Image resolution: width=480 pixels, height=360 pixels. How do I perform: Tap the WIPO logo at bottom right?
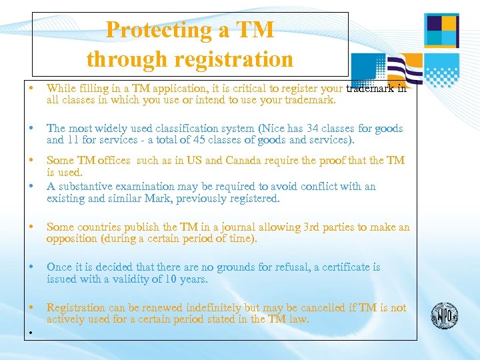[445, 315]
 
